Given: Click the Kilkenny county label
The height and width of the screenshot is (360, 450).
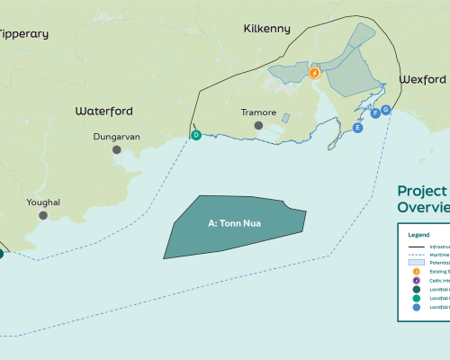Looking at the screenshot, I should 267,29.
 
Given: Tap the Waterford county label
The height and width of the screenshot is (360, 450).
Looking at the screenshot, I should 103,111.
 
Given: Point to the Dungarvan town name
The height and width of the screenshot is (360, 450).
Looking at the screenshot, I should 117,137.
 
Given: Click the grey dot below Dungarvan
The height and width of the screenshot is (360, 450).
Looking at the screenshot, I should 116,149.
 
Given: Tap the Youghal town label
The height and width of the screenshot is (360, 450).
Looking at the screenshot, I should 43,202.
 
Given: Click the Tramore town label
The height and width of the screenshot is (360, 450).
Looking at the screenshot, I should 258,113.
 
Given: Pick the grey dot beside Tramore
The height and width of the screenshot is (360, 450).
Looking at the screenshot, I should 258,125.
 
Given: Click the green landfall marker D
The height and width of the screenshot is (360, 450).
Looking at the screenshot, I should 195,135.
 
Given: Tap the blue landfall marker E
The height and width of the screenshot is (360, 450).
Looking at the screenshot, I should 358,129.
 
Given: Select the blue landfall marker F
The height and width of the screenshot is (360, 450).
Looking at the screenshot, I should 375,113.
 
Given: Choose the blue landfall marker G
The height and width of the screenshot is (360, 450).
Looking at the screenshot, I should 386,110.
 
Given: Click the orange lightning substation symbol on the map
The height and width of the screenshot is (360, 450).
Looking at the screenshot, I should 315,73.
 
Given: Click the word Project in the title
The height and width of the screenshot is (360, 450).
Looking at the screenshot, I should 422,191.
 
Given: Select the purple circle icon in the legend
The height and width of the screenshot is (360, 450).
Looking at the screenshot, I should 416,281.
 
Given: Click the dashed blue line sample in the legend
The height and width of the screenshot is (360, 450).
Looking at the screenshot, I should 416,256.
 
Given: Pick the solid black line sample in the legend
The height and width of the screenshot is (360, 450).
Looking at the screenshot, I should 416,246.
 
